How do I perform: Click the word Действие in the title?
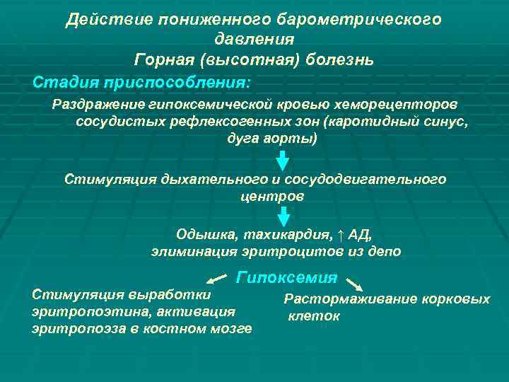point(102,20)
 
